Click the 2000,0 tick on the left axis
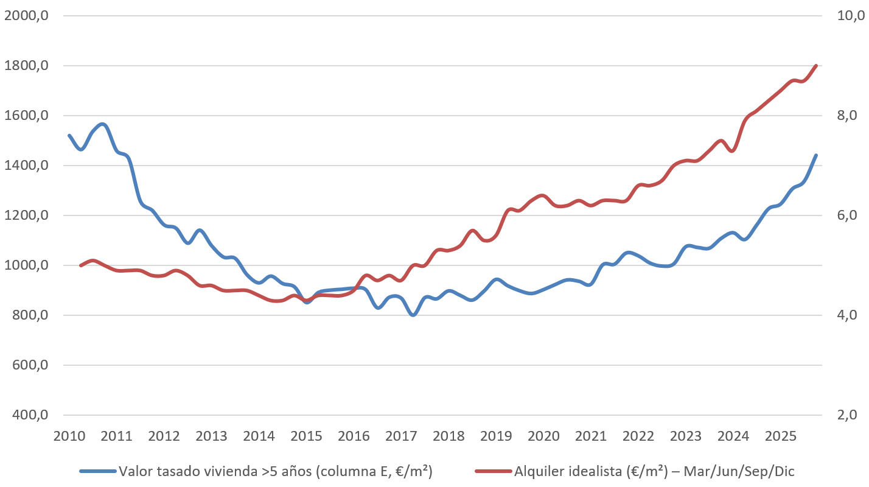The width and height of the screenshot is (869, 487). (26, 16)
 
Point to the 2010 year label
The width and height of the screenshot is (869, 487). (69, 436)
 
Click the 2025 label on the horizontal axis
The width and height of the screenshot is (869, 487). (781, 436)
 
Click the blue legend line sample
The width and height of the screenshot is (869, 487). (97, 471)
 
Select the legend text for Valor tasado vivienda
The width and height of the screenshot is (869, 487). (275, 471)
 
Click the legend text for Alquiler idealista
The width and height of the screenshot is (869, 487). (654, 471)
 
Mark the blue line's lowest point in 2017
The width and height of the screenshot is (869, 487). (413, 315)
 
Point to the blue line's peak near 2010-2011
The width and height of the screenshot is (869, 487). (102, 124)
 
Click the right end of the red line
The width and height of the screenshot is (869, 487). (816, 66)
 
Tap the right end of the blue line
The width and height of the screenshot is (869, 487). (816, 155)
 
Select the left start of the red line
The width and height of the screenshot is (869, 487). (80, 265)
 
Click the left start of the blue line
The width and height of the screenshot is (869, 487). (69, 135)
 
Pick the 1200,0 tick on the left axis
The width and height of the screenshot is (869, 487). (26, 215)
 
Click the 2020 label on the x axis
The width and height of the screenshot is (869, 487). (543, 436)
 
